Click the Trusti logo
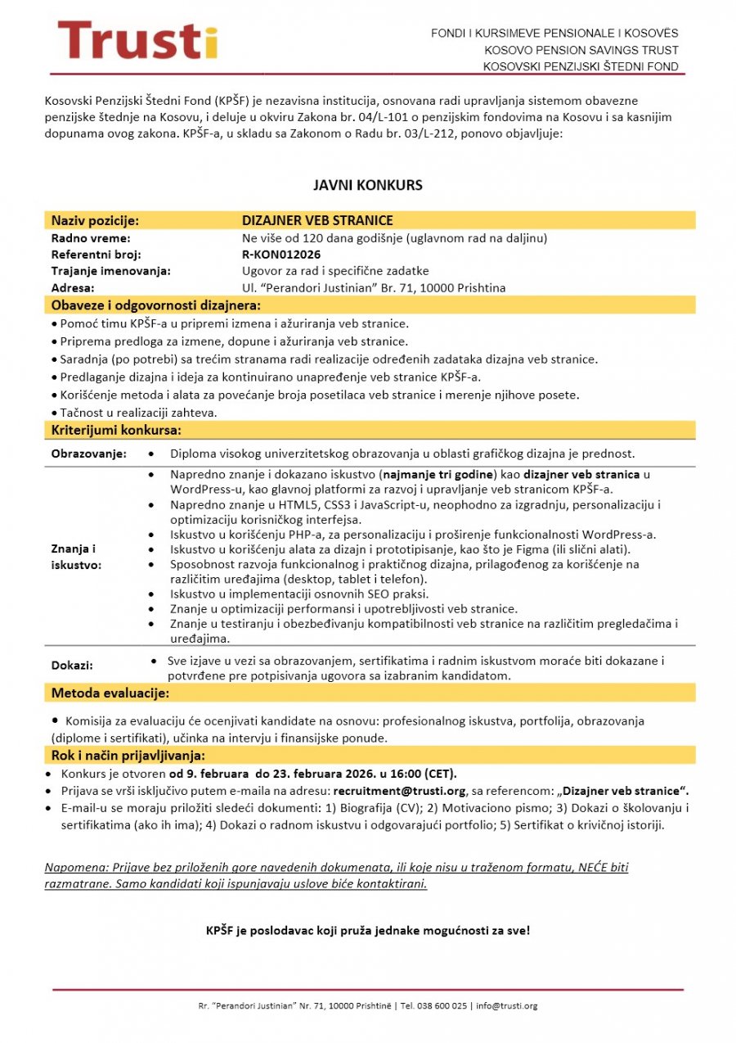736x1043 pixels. tap(137, 40)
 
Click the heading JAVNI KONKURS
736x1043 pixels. tap(368, 185)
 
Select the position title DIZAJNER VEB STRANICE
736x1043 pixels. tap(317, 220)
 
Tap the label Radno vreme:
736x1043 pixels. tap(91, 238)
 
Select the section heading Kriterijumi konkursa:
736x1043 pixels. tap(116, 430)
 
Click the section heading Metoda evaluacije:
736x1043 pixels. tap(110, 693)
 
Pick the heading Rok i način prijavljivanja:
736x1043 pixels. tap(128, 755)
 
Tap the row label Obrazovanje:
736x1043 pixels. tap(89, 454)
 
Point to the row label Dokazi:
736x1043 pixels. tap(72, 666)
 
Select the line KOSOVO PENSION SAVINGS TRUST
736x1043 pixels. tap(581, 50)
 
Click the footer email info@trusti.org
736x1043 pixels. tap(506, 1005)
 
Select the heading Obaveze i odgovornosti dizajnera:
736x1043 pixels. tap(156, 306)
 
